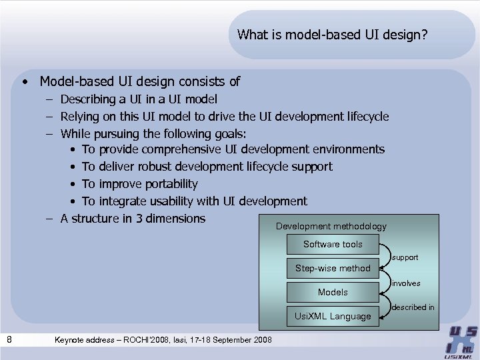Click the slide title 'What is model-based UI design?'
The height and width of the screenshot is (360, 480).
[332, 34]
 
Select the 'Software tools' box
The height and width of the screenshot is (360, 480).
[333, 244]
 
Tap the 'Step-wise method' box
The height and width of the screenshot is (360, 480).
[333, 268]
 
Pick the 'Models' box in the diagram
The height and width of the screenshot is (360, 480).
[333, 292]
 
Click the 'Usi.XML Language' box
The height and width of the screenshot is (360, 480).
[333, 316]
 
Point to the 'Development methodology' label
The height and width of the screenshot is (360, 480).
[331, 227]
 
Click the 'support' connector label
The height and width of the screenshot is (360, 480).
[405, 257]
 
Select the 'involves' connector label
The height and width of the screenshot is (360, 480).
[406, 283]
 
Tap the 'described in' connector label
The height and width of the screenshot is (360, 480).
[413, 307]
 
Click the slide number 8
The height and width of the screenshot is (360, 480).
[9, 340]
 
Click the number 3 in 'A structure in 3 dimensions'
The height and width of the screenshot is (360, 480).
[139, 219]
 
